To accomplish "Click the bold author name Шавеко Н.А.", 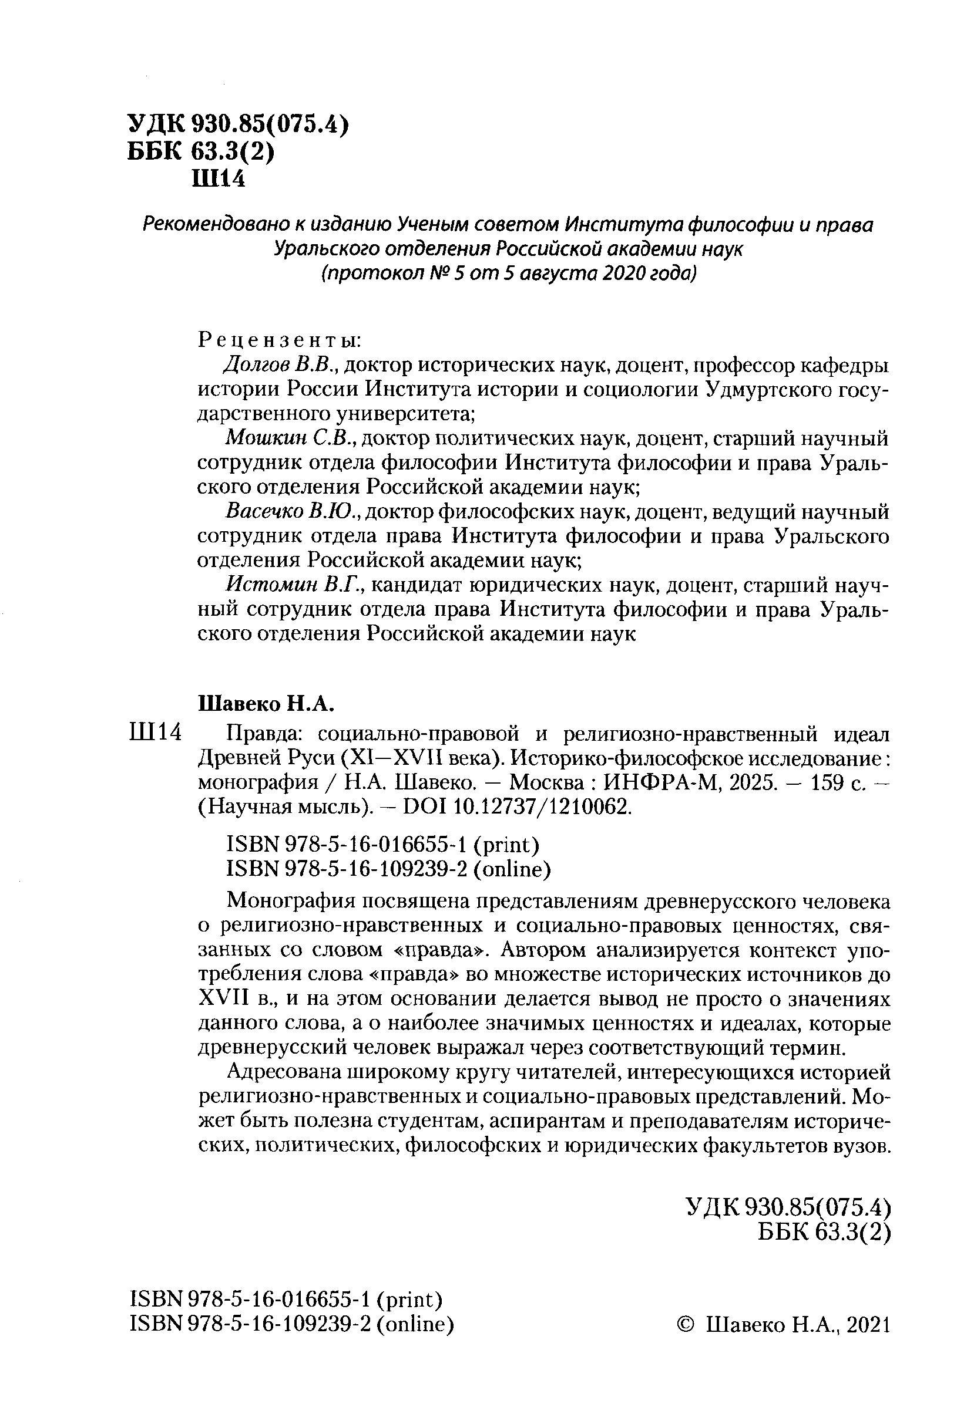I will [267, 704].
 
